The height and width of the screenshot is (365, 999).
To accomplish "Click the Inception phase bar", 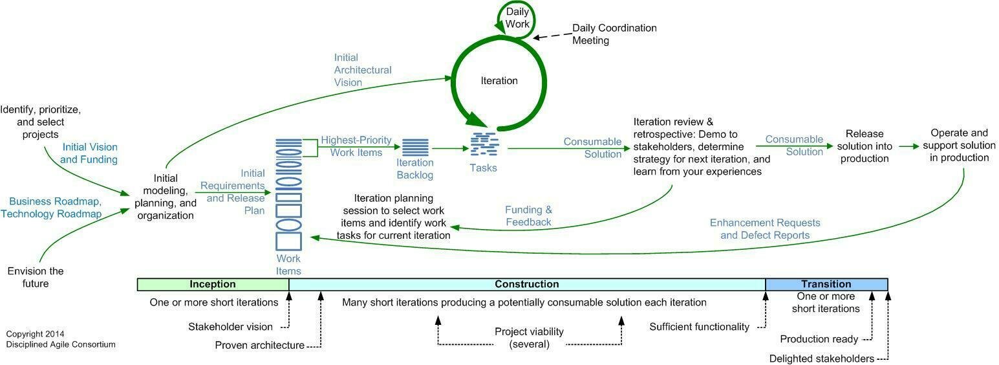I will [213, 284].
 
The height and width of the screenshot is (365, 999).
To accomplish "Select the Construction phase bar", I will [526, 284].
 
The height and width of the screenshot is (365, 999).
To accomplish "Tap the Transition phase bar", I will [826, 284].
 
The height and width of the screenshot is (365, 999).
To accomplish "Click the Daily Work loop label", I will [517, 18].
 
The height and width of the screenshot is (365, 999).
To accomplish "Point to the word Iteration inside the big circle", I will [499, 81].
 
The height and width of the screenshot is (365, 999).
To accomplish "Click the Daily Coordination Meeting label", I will [614, 34].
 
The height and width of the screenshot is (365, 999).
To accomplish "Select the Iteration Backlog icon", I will [415, 148].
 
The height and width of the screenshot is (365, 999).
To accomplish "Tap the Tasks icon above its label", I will [483, 144].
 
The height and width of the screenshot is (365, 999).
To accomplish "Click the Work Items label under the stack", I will [288, 265].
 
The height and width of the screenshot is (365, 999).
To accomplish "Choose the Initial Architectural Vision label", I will [362, 70].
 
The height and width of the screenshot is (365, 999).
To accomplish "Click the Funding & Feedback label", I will [528, 216].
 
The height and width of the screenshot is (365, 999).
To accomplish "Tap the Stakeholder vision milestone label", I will [230, 327].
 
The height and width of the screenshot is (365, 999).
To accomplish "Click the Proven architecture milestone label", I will [259, 345].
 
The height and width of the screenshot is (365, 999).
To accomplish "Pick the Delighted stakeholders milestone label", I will [821, 359].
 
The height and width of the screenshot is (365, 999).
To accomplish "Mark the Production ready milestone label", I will [819, 339].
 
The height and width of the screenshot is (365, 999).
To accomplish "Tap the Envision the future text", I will [36, 277].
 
